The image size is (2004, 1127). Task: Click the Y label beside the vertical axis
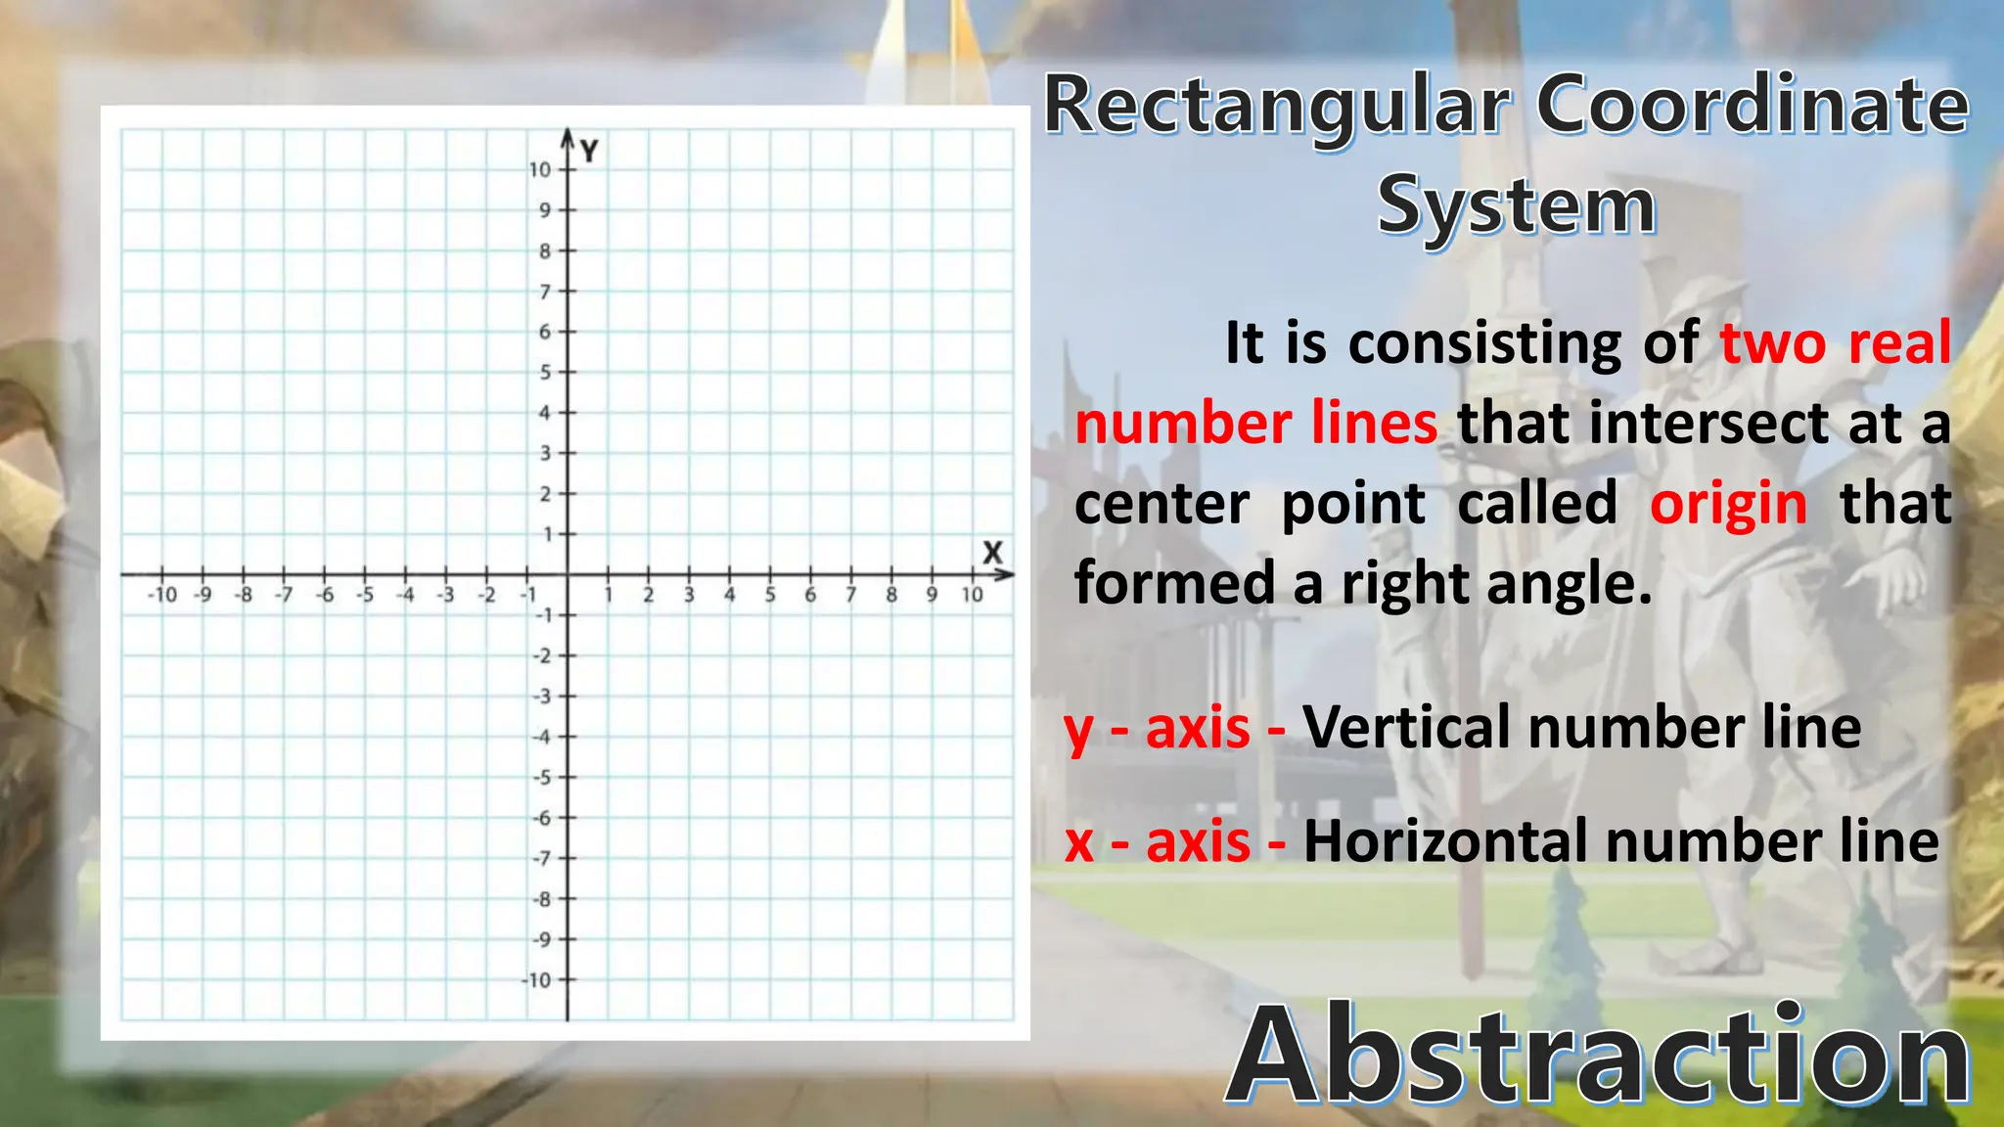click(589, 151)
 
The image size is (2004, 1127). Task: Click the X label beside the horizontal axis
click(992, 553)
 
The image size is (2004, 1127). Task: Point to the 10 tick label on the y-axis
click(540, 170)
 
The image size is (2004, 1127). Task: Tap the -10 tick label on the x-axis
click(162, 595)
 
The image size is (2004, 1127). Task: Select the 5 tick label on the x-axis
click(769, 595)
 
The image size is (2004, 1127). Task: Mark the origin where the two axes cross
click(568, 575)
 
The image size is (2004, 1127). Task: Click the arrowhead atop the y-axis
click(568, 135)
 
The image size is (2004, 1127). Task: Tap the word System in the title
click(1516, 206)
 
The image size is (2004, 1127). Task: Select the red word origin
click(1728, 505)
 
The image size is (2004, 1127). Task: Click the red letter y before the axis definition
click(1078, 730)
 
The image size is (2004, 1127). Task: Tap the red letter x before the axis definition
click(1079, 843)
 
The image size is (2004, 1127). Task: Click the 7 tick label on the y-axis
click(545, 292)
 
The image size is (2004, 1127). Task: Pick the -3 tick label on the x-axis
click(445, 595)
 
